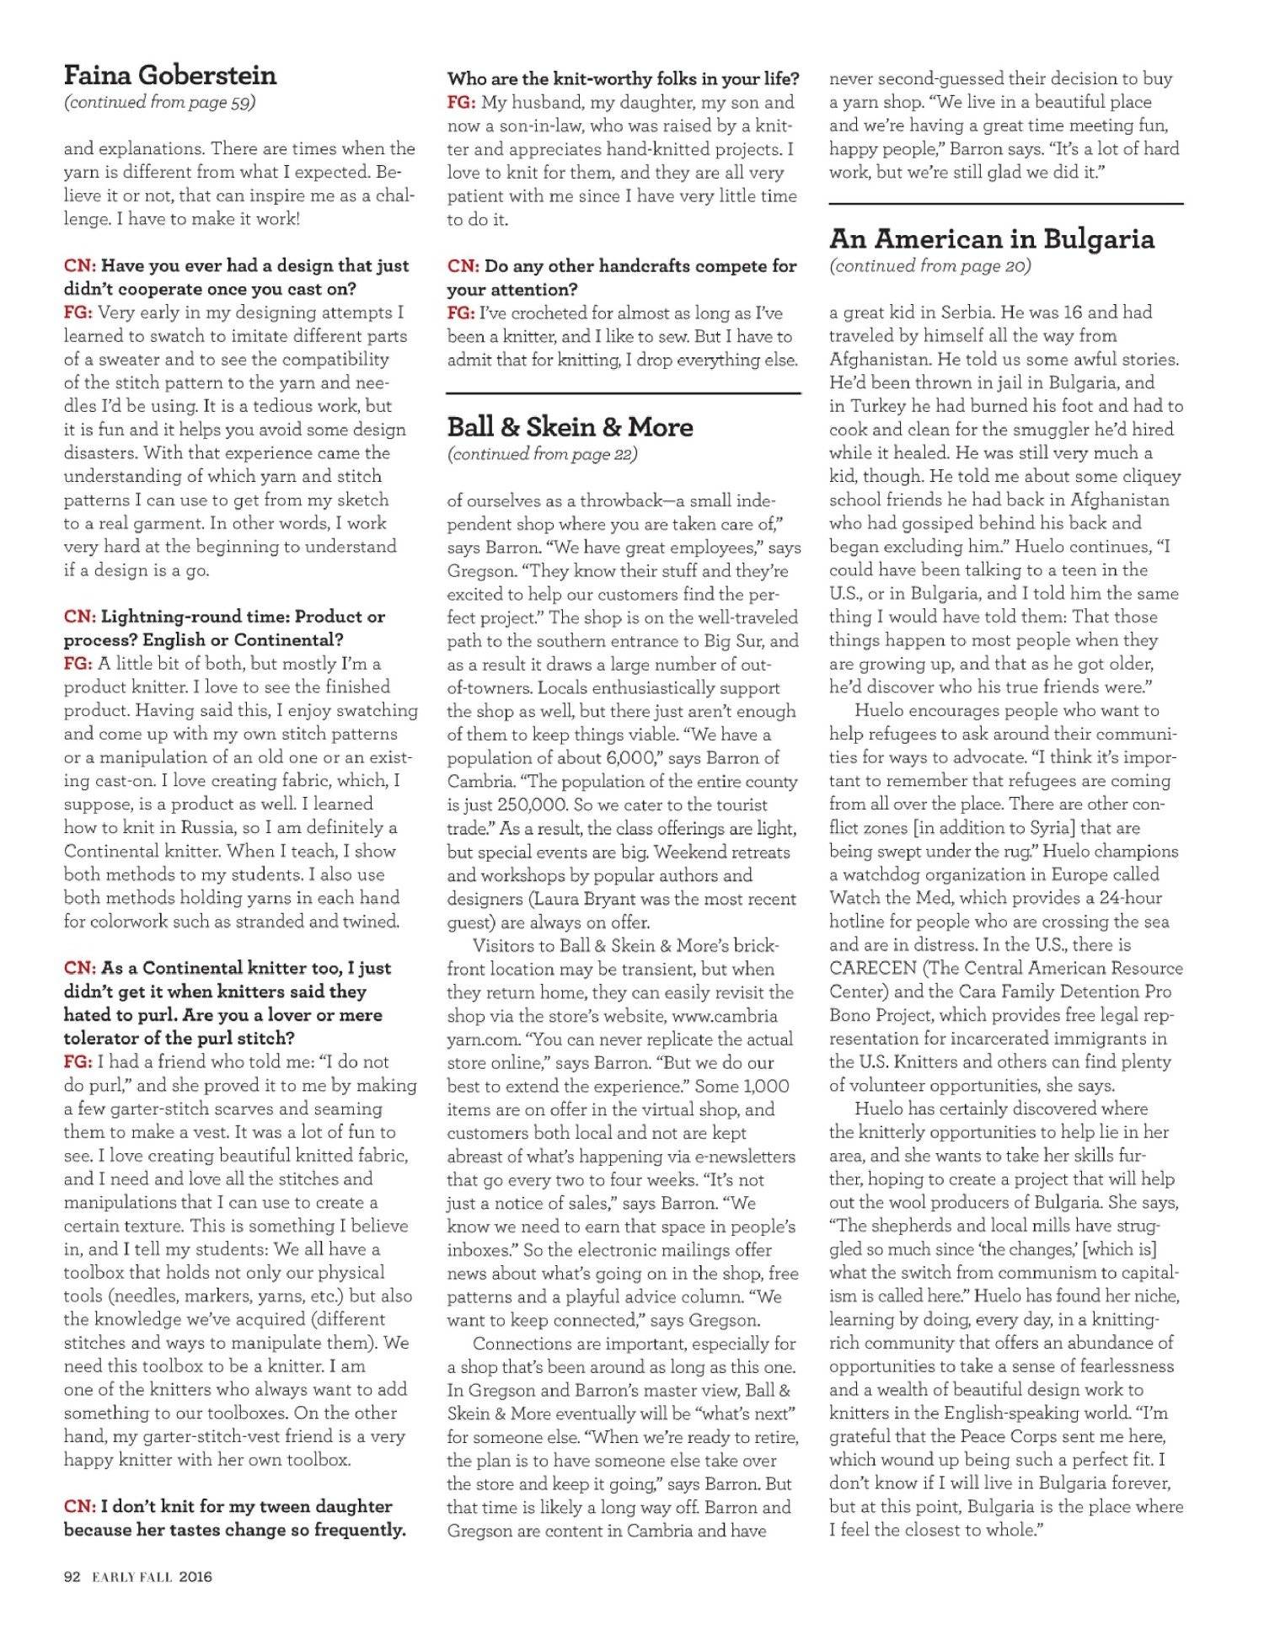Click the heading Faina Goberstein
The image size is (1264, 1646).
coord(170,76)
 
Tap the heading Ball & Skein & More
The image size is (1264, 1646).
coord(570,427)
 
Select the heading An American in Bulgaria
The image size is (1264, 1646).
coord(991,239)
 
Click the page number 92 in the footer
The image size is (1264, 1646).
coord(72,1577)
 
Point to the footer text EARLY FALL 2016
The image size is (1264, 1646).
coord(153,1577)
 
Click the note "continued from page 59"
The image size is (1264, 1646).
coord(160,103)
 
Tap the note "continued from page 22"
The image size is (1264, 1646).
coord(543,454)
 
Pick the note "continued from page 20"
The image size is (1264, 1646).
coord(929,266)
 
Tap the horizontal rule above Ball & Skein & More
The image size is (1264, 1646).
coord(624,393)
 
